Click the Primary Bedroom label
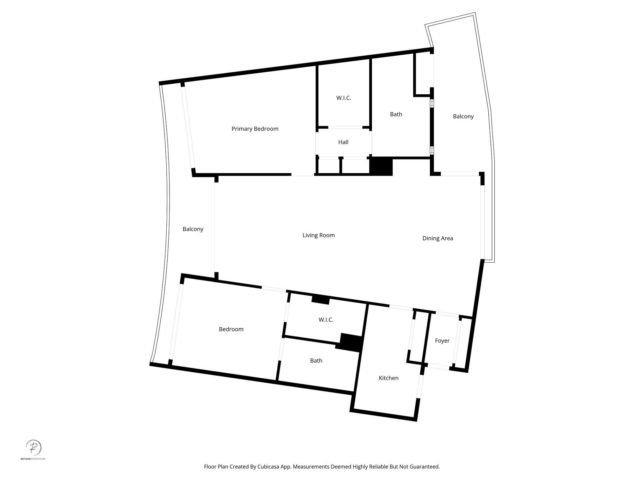[x=255, y=129]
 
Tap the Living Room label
[x=319, y=235]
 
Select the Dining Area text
[x=437, y=238]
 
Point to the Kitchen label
[x=388, y=378]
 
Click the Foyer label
[x=442, y=341]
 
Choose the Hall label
[x=343, y=142]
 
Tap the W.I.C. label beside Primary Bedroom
[x=343, y=98]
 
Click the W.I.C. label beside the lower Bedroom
[x=326, y=320]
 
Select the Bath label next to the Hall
[x=396, y=114]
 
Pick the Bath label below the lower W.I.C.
[x=316, y=361]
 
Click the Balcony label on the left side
[x=193, y=229]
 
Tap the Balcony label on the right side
[x=463, y=116]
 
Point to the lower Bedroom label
[x=231, y=329]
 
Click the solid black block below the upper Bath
[x=381, y=166]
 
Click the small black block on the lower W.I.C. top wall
[x=320, y=300]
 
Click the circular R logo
[x=33, y=447]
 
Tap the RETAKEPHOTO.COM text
[x=33, y=459]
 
